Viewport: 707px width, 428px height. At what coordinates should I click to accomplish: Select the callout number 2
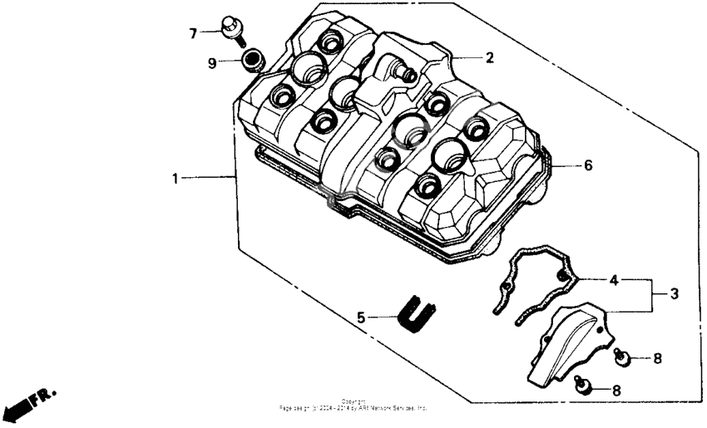[x=490, y=58]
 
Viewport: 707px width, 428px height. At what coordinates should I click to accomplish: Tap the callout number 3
[x=675, y=294]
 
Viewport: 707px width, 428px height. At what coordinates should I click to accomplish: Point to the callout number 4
[x=615, y=280]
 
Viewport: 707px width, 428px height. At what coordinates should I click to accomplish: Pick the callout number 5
[x=361, y=317]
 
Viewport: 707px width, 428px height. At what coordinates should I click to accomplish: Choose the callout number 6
[x=587, y=165]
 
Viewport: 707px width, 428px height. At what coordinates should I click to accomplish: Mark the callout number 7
[x=192, y=33]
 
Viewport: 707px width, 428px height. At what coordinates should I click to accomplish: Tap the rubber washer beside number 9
[x=252, y=60]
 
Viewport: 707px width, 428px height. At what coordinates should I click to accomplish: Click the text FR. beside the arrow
[x=44, y=398]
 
